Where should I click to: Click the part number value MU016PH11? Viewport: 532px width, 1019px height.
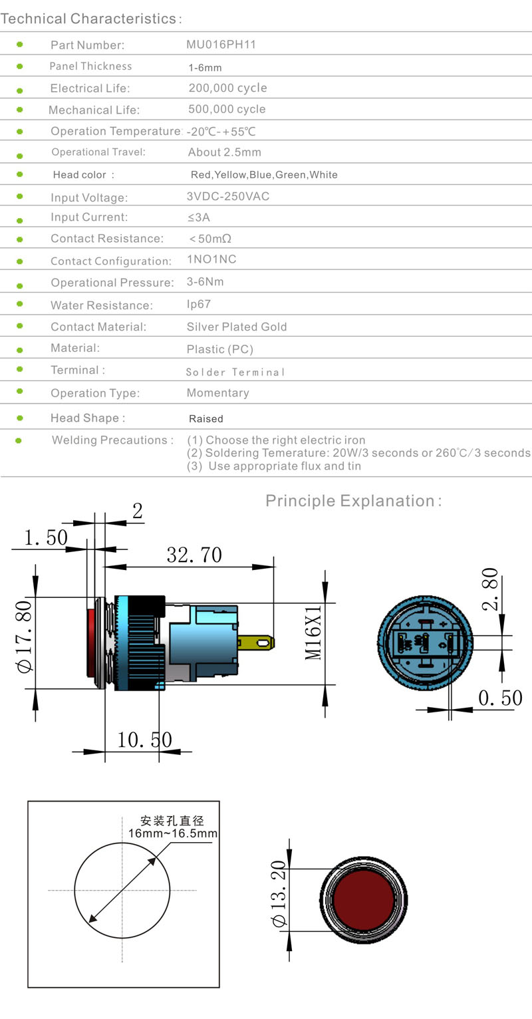[221, 45]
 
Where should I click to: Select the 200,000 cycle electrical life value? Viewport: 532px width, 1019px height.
[228, 88]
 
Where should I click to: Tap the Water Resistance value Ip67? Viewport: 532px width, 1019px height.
[199, 304]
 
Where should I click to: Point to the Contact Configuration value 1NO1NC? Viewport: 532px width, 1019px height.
[211, 259]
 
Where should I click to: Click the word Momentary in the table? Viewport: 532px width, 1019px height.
[218, 392]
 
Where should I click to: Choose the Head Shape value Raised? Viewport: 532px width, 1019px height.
[206, 418]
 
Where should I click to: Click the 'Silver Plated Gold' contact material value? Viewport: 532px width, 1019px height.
[237, 327]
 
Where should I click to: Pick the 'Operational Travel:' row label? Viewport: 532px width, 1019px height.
[98, 152]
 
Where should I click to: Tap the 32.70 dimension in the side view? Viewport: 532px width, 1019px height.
[194, 555]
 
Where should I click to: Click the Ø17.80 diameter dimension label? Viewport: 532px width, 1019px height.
[24, 637]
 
